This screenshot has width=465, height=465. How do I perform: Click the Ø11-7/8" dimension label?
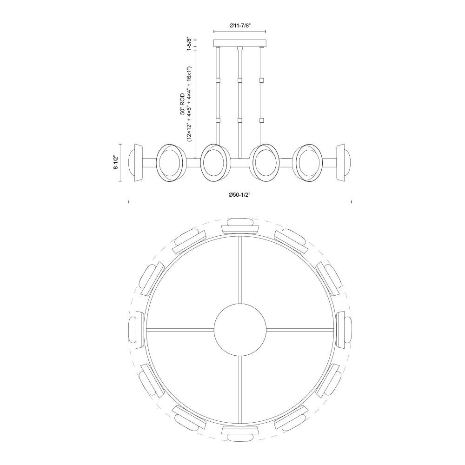tap(240, 26)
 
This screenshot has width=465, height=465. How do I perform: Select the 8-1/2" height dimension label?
tap(116, 162)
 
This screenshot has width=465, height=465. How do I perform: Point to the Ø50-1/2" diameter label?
tap(240, 195)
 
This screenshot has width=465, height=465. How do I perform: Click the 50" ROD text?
tap(182, 104)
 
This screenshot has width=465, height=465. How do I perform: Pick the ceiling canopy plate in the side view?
tap(239, 43)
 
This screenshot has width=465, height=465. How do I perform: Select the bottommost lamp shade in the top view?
tap(240, 433)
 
